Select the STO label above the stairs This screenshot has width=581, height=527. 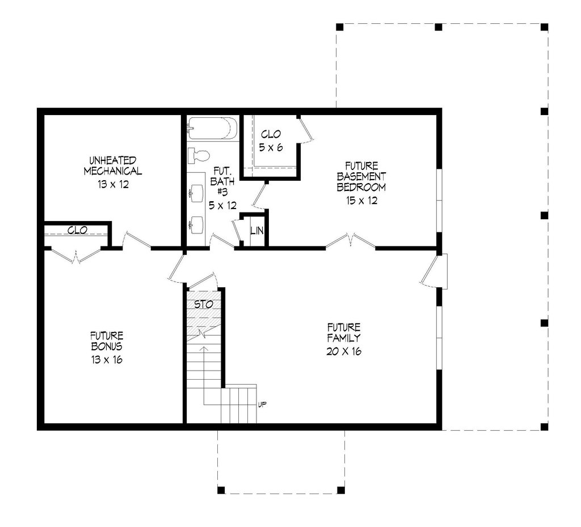204,304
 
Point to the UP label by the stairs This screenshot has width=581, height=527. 263,404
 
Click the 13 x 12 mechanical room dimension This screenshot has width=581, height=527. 112,184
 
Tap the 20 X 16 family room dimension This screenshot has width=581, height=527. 344,351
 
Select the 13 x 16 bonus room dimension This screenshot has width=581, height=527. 107,359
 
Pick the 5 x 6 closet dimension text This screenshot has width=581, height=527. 271,147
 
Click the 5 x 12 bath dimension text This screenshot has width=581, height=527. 222,206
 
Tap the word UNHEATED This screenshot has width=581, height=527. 112,160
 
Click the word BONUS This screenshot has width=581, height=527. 107,346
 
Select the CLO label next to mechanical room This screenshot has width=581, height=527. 77,231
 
